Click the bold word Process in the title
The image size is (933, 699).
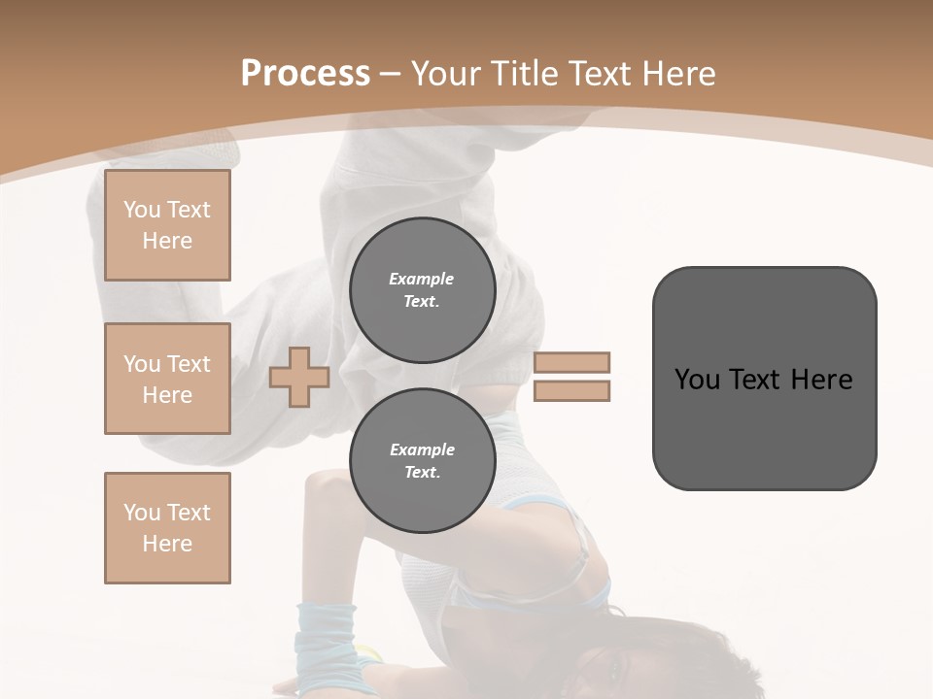coord(305,73)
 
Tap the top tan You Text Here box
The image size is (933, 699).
coord(167,225)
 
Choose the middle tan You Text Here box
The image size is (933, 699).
coord(167,379)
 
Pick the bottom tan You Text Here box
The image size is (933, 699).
coord(167,528)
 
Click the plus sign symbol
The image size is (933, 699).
coord(299,377)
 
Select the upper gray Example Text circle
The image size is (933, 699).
coord(422,289)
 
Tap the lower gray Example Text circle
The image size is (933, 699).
coord(422,460)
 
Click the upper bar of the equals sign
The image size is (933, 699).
coord(571,362)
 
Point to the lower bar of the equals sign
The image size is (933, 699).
coord(571,390)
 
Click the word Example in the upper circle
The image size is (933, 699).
coord(422,279)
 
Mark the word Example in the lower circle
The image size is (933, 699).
coord(422,449)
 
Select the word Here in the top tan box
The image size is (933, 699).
coord(167,241)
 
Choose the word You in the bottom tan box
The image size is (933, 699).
coord(142,513)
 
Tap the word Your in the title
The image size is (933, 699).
coord(443,73)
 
